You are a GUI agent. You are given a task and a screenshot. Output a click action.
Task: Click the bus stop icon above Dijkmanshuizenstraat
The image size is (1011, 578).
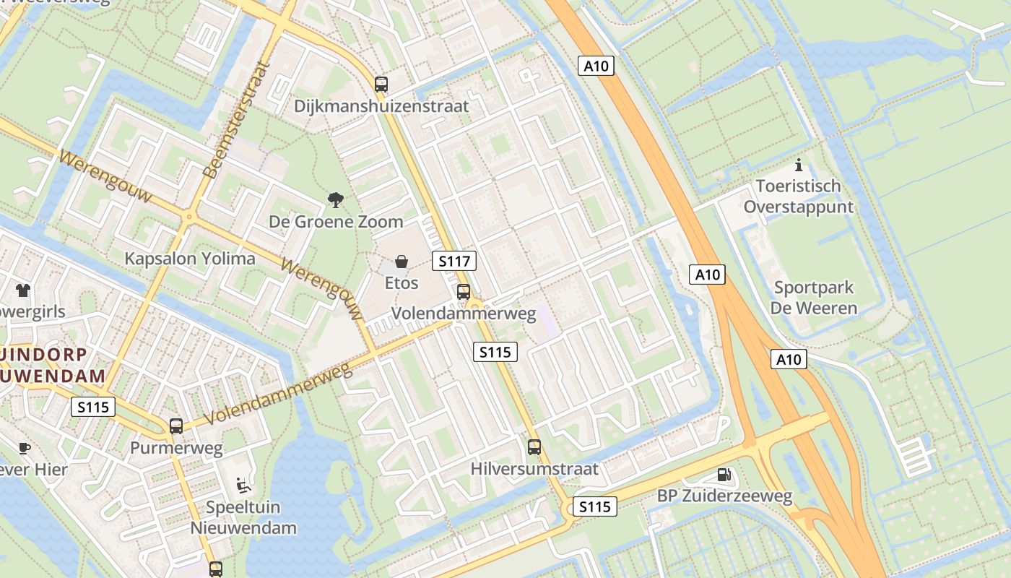tap(381, 84)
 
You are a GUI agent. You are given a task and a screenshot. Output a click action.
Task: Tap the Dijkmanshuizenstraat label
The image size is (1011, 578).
tap(381, 106)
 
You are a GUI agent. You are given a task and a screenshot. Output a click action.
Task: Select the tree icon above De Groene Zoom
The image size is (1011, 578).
tap(335, 199)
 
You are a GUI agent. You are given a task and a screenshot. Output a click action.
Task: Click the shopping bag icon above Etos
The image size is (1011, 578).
tap(401, 261)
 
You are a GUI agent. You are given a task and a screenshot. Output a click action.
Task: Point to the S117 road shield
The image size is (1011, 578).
tap(454, 261)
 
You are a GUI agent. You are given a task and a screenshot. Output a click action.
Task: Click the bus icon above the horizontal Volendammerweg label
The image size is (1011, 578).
tap(464, 292)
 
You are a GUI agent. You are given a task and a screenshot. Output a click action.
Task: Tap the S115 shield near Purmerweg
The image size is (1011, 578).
tap(94, 407)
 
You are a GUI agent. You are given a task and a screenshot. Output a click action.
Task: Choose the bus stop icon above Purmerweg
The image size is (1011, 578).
tap(176, 426)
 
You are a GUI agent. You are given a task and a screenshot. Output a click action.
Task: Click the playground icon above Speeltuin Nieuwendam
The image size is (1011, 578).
tap(243, 485)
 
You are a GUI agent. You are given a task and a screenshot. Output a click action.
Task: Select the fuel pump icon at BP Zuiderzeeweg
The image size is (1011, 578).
tap(724, 475)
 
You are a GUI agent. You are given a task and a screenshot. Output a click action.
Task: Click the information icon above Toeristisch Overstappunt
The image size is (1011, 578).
tap(798, 165)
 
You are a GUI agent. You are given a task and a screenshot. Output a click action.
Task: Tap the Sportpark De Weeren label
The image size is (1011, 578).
tap(814, 298)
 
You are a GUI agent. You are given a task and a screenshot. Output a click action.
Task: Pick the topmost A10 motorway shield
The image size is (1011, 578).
tap(596, 66)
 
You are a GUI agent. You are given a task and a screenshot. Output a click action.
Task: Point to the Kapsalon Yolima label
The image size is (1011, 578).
tap(190, 259)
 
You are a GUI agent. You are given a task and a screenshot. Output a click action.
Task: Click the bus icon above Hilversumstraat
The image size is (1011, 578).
tap(534, 447)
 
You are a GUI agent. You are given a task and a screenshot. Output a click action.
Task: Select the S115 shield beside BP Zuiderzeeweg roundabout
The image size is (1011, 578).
tap(595, 506)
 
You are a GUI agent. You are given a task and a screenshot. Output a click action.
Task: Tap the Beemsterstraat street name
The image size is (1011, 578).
tap(238, 120)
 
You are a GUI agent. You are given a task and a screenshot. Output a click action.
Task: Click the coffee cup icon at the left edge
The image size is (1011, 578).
tap(25, 448)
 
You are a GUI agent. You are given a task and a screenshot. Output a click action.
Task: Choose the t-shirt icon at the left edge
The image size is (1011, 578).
tap(23, 290)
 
